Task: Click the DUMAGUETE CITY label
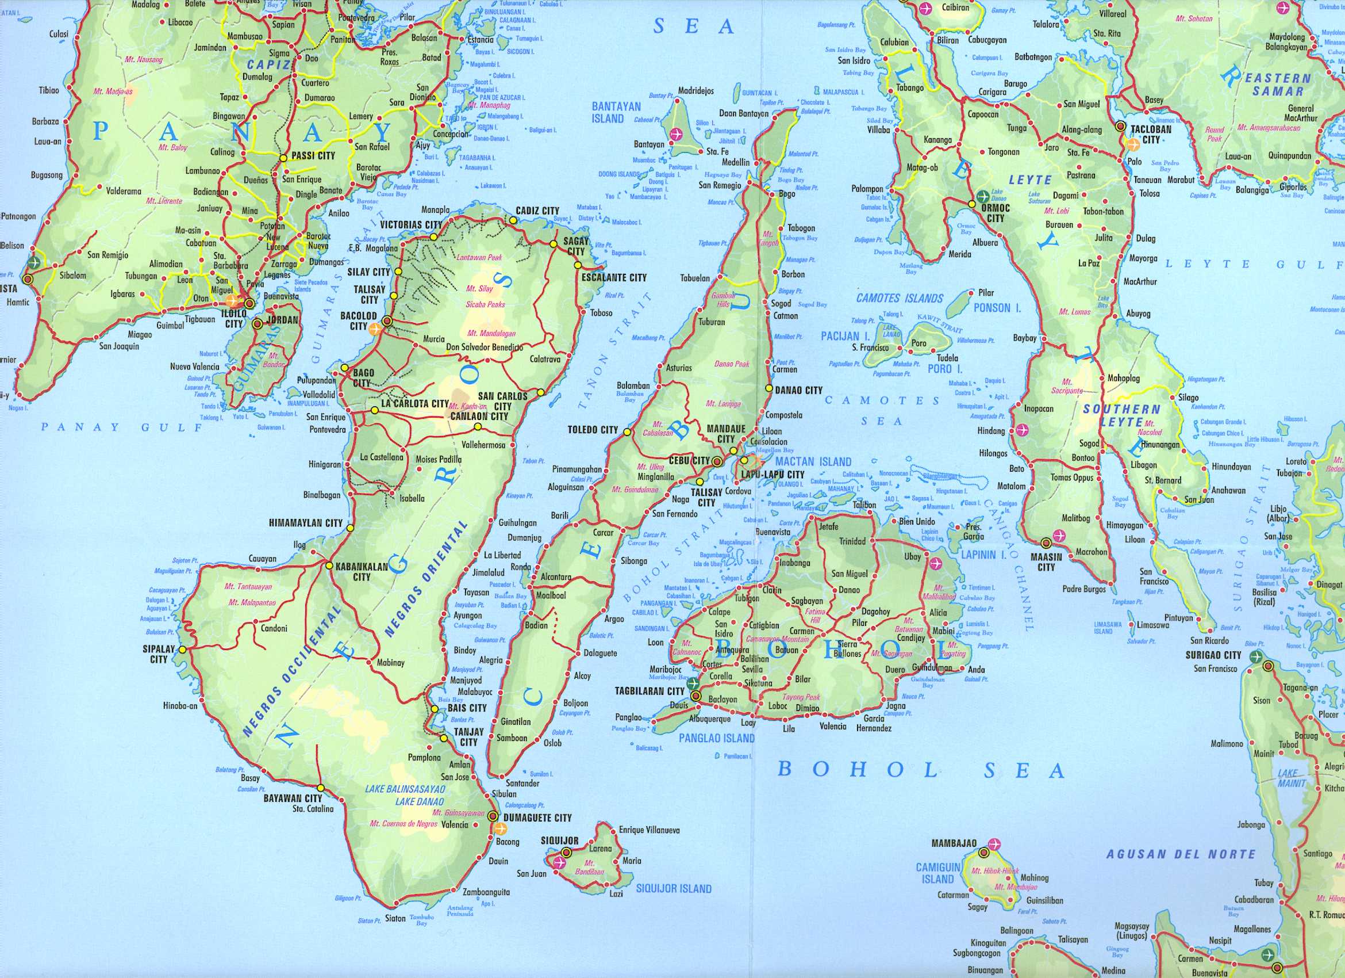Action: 537,817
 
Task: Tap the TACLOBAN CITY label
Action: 1151,134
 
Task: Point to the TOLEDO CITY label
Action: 592,430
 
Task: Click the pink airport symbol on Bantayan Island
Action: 676,134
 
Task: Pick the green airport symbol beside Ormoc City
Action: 983,194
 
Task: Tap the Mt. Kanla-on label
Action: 467,407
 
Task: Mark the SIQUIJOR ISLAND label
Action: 673,888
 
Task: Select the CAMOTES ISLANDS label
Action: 899,298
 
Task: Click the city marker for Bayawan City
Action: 320,788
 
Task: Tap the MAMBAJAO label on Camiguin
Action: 954,843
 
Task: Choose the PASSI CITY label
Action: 313,155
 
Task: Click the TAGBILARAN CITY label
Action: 649,692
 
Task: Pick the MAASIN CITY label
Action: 1046,562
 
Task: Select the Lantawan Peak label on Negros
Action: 479,258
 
